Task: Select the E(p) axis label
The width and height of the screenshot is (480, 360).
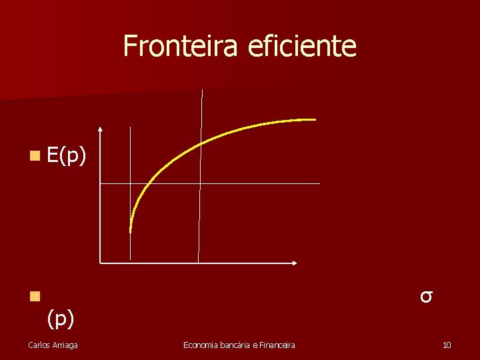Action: [67, 156]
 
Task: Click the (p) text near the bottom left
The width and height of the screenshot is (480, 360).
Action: [61, 319]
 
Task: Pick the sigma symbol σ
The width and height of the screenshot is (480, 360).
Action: [427, 295]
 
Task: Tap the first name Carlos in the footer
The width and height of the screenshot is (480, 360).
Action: [38, 345]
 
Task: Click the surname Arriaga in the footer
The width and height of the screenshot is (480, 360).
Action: [64, 345]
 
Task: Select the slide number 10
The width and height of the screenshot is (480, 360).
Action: [447, 345]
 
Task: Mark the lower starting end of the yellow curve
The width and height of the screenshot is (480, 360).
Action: [131, 231]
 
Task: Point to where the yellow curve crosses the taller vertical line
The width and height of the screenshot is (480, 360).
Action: [201, 144]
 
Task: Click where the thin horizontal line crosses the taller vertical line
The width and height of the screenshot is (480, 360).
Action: [200, 183]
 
